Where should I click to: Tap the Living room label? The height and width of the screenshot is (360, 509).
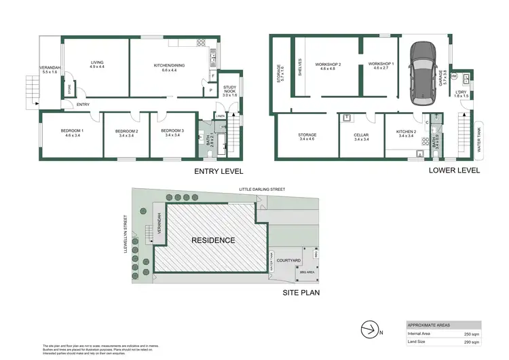[97, 65]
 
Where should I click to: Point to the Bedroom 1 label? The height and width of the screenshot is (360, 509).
[72, 133]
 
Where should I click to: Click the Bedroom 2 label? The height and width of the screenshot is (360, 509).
[126, 133]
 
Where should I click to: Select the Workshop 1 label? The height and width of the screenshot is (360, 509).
[381, 65]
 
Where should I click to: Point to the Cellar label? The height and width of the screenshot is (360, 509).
[360, 137]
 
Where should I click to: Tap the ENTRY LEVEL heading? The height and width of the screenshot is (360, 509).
[218, 171]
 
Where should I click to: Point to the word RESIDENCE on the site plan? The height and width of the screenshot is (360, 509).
[212, 240]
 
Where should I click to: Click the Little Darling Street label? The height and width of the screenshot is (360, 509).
[261, 190]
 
